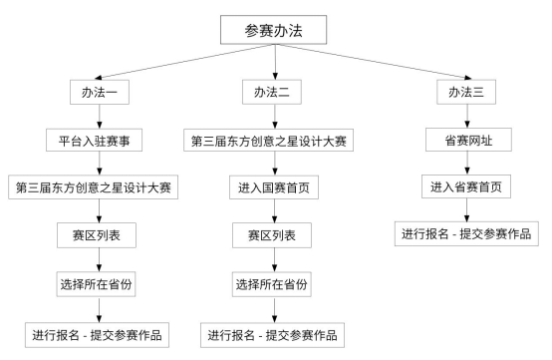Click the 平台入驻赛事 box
tap(98, 141)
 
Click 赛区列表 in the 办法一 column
tap(98, 236)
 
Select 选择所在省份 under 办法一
tap(98, 285)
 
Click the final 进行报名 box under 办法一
tap(98, 333)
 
